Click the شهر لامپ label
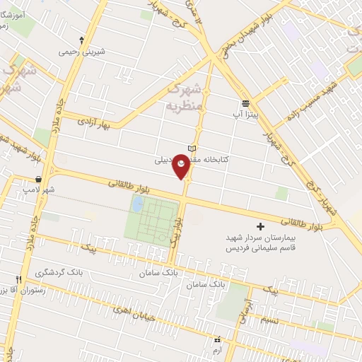[38, 190]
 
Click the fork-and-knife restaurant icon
[20, 279]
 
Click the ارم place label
[216, 350]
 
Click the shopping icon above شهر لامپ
[37, 180]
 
